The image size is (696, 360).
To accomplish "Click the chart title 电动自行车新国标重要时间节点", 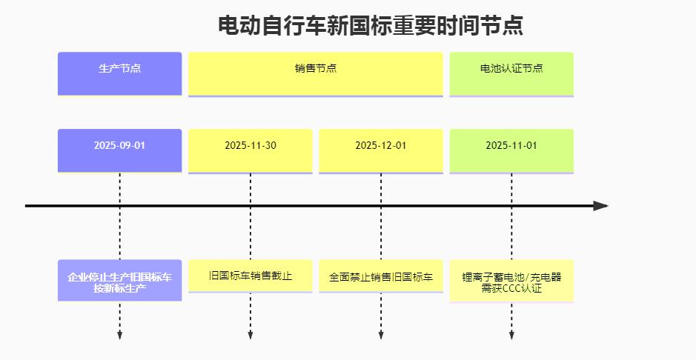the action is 370,25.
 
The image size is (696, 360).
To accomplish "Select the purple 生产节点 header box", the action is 120,73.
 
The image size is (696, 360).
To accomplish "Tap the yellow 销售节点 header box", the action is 316,74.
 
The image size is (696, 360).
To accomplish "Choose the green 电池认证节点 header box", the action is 511,74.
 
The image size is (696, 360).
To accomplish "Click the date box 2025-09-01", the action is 120,150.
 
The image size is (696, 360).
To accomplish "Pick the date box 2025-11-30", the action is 251,150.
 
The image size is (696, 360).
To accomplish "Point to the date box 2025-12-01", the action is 381,150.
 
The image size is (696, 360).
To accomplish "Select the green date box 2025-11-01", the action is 511,150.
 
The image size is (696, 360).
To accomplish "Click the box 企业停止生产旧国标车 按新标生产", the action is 120,280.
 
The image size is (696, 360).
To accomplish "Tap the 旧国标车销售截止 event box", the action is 251,276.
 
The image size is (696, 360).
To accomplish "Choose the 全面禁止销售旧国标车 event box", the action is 381,276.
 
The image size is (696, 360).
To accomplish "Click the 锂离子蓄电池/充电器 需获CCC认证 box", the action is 511,281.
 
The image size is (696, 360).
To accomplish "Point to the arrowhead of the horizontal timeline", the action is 600,206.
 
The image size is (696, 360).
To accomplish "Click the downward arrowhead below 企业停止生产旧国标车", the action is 120,335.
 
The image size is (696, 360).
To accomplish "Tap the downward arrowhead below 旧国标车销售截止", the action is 251,335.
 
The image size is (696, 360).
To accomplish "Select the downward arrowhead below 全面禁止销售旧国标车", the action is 381,335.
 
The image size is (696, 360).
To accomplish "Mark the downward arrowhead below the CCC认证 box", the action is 511,335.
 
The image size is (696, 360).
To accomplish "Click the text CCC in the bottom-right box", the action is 511,288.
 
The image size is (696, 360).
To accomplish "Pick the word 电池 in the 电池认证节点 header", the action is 491,68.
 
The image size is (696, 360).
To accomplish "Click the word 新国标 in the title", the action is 359,25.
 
